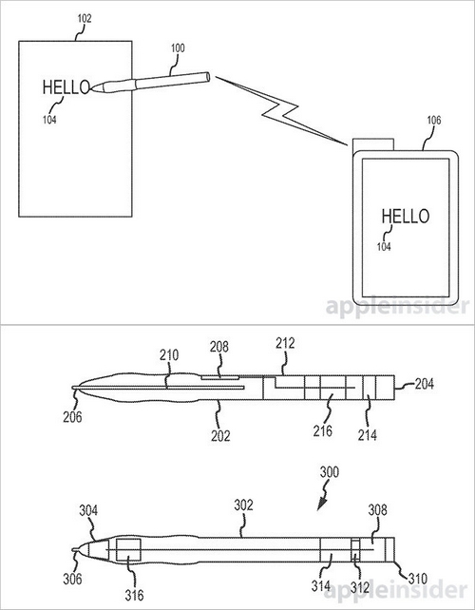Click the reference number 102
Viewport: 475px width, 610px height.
click(x=85, y=19)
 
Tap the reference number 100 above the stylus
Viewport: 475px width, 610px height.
click(x=178, y=48)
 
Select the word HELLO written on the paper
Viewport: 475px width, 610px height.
click(x=66, y=87)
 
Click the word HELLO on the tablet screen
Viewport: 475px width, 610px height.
click(x=406, y=216)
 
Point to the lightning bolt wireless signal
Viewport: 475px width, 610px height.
click(x=281, y=110)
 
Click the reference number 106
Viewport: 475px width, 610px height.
click(x=434, y=121)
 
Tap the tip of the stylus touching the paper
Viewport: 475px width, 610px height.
click(x=92, y=88)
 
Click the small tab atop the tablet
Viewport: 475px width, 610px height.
click(x=373, y=144)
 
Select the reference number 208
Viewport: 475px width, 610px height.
click(x=219, y=347)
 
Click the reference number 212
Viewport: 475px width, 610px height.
click(x=286, y=344)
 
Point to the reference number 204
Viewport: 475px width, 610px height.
click(x=424, y=384)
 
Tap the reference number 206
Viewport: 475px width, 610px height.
click(x=72, y=417)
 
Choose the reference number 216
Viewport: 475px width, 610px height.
click(x=323, y=430)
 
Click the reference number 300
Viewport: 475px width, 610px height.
click(x=330, y=472)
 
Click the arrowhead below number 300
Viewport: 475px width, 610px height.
click(x=322, y=505)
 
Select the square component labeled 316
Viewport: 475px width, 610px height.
click(x=128, y=550)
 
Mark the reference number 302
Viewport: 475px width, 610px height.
click(x=243, y=505)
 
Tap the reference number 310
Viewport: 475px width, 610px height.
click(x=418, y=579)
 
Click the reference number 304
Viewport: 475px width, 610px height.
click(x=88, y=510)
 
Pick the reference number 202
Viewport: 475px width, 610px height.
click(x=220, y=436)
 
